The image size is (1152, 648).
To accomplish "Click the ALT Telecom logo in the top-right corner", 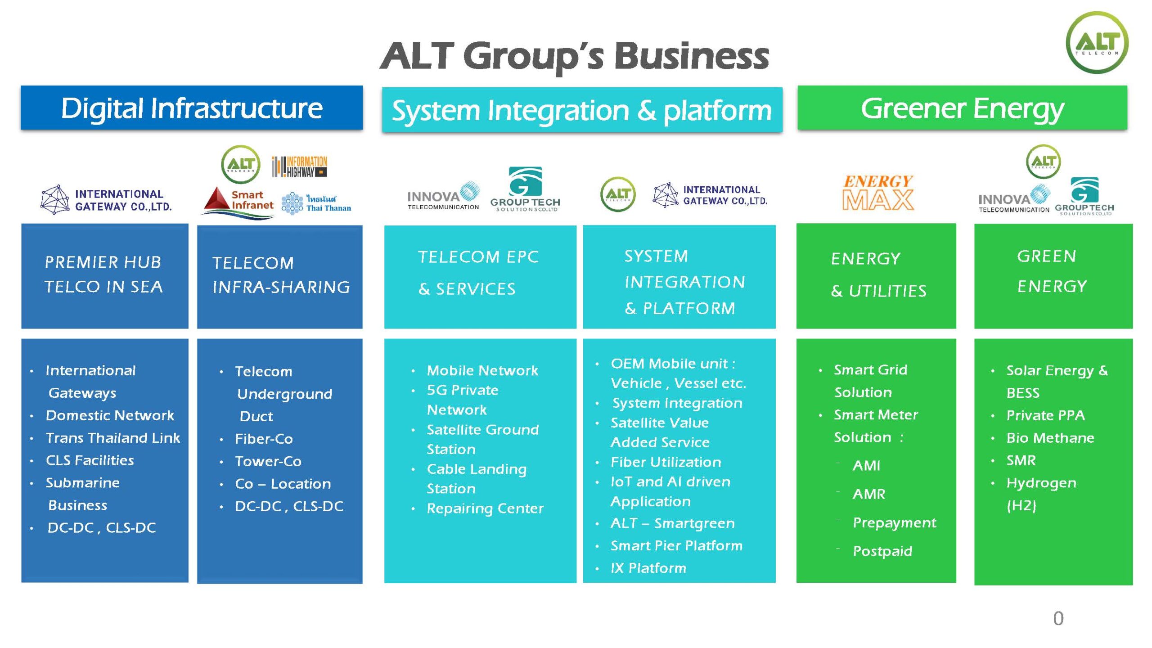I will coord(1097,43).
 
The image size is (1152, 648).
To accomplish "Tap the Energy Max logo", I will coord(878,193).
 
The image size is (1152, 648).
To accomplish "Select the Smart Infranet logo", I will coord(238,202).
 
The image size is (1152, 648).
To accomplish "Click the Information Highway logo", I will coord(299,166).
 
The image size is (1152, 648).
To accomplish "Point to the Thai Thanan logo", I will coord(316,203).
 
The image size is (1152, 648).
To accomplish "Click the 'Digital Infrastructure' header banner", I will coord(192,108).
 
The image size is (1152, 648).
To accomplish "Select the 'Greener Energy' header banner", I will coord(962,108).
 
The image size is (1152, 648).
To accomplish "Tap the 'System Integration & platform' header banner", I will coord(582,110).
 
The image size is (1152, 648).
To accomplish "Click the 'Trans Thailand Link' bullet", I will coord(112,438).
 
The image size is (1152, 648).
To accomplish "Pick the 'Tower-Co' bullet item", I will coord(268,461).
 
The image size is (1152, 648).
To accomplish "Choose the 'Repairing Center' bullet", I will coord(485,508).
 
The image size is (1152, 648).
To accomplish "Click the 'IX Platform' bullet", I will coord(648,568).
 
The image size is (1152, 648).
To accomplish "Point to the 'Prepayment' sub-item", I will coord(894,522).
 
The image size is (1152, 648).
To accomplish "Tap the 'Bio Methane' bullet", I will coord(1050,438).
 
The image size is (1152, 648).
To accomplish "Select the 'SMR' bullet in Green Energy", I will coord(1021,460).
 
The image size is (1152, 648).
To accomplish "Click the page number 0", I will coord(1058,618).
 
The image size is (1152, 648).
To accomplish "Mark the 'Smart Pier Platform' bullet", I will coord(676,545).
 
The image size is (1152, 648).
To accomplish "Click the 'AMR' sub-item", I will coord(868,494).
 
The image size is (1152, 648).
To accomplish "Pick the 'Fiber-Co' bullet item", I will coord(264,439).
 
